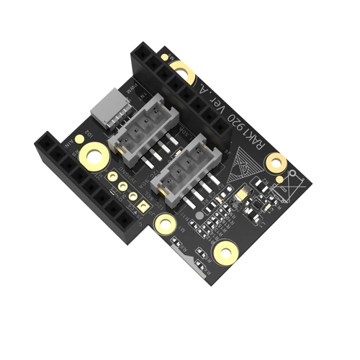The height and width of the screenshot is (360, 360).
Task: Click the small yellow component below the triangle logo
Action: click(241, 193)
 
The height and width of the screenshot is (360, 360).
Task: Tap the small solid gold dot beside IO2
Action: click(76, 141)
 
